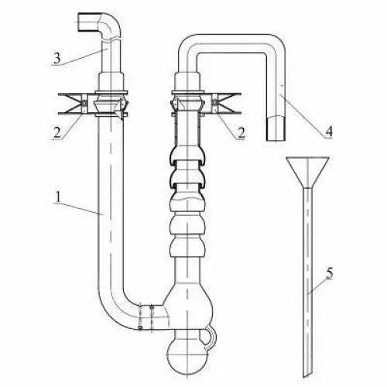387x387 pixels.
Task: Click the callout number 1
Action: pyautogui.click(x=59, y=197)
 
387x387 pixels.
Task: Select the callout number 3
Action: pyautogui.click(x=57, y=58)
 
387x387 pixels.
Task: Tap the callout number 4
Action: pyautogui.click(x=328, y=132)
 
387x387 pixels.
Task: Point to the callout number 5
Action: pyautogui.click(x=330, y=273)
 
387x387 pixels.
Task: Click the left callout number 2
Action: pyautogui.click(x=57, y=132)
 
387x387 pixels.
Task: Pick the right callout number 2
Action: pyautogui.click(x=241, y=133)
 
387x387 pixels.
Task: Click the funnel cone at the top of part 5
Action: pyautogui.click(x=307, y=172)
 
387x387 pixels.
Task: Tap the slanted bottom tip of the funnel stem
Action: pyautogui.click(x=308, y=376)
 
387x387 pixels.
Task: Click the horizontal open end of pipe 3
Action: pyautogui.click(x=78, y=22)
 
